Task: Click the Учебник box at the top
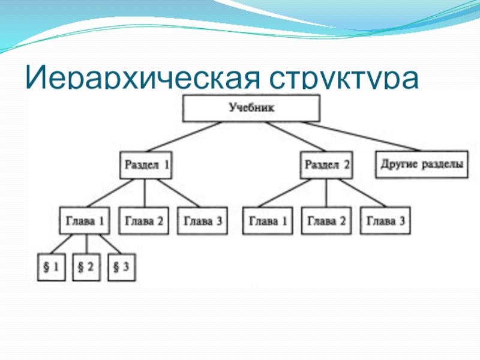[x=252, y=109]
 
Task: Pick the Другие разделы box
[x=422, y=164]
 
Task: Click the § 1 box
[x=51, y=268]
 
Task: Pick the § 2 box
[x=86, y=268]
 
